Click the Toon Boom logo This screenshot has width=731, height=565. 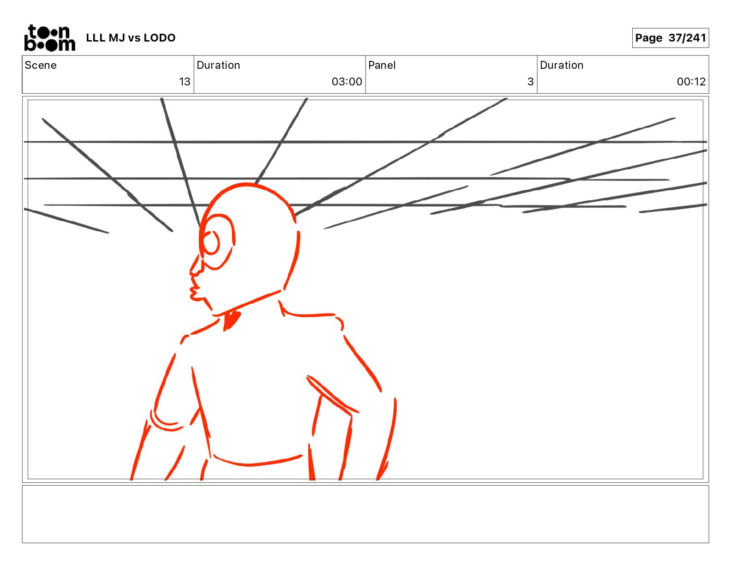(x=50, y=38)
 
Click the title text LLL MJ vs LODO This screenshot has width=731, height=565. (x=131, y=38)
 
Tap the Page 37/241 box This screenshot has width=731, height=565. (x=670, y=38)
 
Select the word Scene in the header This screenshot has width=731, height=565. (x=41, y=65)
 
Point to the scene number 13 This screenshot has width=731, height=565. (x=185, y=81)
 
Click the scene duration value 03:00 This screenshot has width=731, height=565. (x=347, y=81)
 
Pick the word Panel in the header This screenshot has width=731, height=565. (x=382, y=65)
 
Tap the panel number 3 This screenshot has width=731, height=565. (x=531, y=81)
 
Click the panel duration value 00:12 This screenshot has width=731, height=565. (x=691, y=81)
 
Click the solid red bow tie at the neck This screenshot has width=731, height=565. (x=232, y=320)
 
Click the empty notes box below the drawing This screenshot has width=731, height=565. (x=365, y=514)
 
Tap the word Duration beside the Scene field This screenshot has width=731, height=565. (x=218, y=65)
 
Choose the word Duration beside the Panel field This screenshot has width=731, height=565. (x=562, y=65)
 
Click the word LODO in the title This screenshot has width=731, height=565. (x=160, y=38)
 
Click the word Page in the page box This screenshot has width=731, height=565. (x=648, y=38)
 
